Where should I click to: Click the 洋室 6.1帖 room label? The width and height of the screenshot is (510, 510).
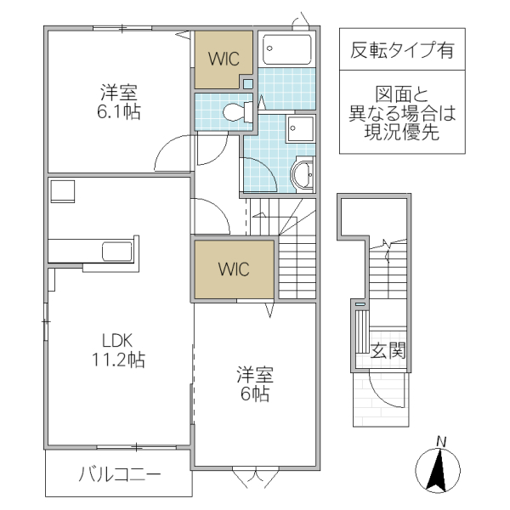click(x=118, y=101)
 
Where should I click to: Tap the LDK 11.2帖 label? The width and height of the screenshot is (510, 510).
click(x=118, y=348)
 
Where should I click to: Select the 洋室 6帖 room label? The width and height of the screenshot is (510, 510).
click(x=252, y=383)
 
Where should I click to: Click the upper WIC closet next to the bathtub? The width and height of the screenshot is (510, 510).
click(x=223, y=59)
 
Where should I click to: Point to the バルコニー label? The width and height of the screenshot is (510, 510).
click(x=120, y=473)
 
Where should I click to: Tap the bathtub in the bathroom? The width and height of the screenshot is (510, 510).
click(x=287, y=50)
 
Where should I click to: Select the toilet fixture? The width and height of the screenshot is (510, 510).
click(x=235, y=110)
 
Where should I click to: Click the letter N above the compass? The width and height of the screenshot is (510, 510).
click(x=441, y=440)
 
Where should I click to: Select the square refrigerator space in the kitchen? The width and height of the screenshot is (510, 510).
click(x=62, y=191)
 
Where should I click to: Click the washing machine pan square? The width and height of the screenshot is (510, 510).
click(x=300, y=129)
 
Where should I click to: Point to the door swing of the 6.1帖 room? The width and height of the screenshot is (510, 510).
click(x=175, y=152)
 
